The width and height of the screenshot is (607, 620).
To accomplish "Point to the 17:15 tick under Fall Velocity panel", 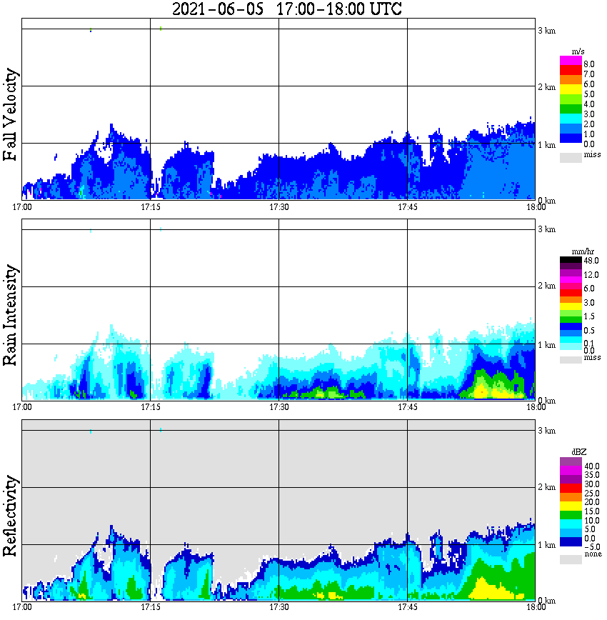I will (x=151, y=207).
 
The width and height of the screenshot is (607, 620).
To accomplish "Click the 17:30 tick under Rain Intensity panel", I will (x=279, y=407).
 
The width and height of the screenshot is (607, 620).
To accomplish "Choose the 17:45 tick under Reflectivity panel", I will (x=407, y=608).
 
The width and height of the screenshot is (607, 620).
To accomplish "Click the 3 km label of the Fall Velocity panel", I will (x=546, y=30).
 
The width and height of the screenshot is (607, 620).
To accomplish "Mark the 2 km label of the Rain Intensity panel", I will (x=546, y=287).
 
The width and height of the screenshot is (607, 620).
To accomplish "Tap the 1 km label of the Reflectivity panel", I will (x=546, y=545).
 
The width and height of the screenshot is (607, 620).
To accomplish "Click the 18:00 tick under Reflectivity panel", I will (x=536, y=608).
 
